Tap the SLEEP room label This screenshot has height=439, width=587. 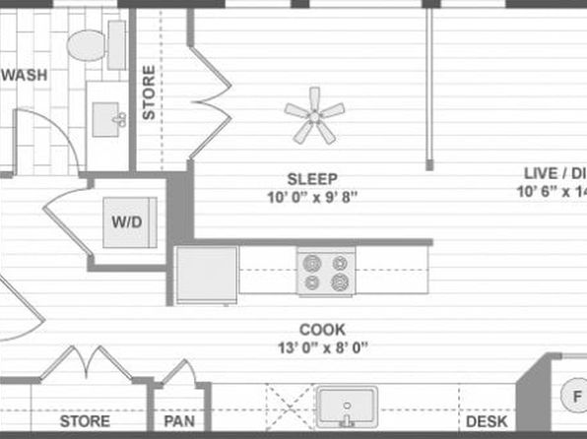click(312, 178)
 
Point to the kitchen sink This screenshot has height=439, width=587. click(345, 407)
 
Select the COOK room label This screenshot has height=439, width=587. click(322, 330)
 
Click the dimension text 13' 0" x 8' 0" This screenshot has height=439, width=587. click(323, 347)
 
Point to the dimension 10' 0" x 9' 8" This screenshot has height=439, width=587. click(312, 196)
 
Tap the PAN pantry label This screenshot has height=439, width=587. click(178, 421)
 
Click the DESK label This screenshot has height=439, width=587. click(487, 421)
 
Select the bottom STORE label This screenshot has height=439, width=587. click(85, 421)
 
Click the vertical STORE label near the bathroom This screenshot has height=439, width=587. click(149, 93)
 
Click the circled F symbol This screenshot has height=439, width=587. click(577, 398)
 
